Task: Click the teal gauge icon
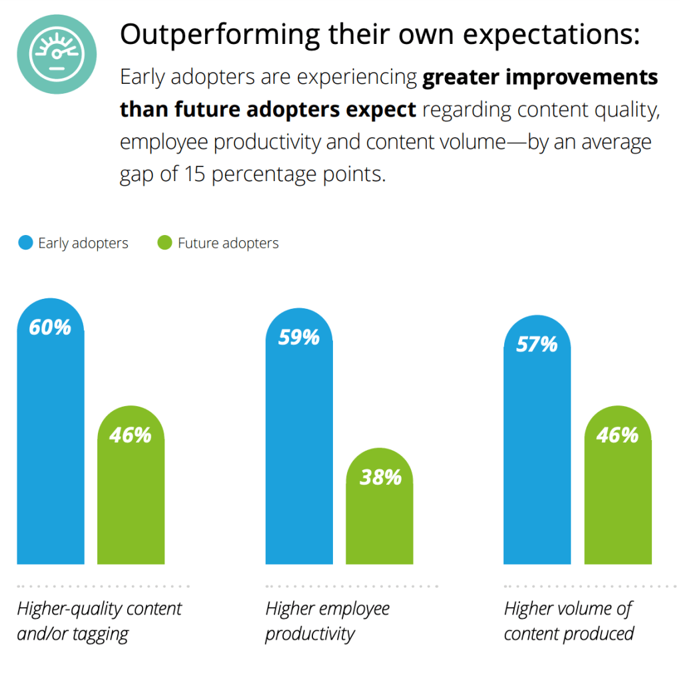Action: [57, 53]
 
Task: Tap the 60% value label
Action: [50, 328]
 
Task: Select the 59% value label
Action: [298, 338]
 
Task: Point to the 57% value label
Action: [537, 344]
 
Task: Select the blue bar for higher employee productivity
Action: [299, 453]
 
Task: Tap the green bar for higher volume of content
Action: [617, 499]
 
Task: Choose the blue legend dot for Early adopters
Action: [25, 243]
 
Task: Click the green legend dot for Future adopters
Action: [165, 243]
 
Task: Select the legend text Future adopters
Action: [228, 244]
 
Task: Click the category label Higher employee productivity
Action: [327, 620]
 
